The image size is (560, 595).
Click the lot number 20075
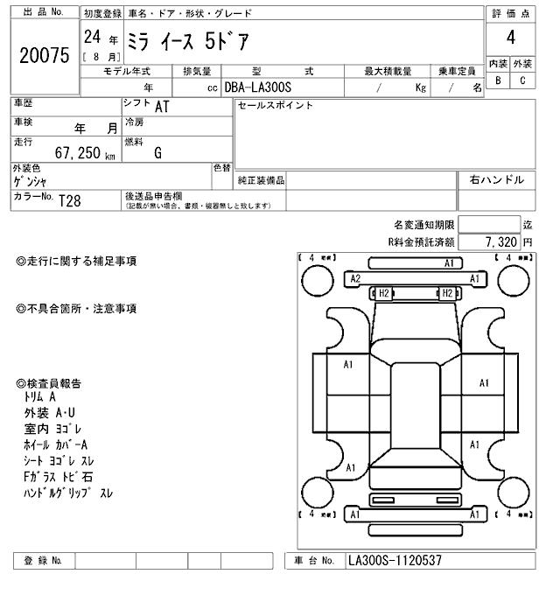(x=43, y=55)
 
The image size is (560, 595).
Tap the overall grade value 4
(x=509, y=39)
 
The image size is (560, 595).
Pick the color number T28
(x=69, y=200)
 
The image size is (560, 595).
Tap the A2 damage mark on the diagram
(x=355, y=278)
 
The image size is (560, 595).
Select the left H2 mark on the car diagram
(x=383, y=293)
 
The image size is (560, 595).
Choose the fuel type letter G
(x=157, y=153)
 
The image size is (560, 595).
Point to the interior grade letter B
(x=498, y=80)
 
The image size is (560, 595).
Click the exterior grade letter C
(x=522, y=80)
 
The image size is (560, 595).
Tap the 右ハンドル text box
(x=496, y=180)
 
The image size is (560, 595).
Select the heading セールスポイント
(x=275, y=106)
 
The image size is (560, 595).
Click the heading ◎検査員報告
(x=49, y=383)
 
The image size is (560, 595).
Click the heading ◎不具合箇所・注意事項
(x=76, y=309)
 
